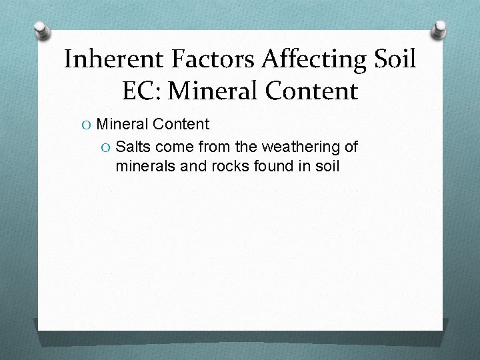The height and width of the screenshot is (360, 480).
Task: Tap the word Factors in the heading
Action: (212, 59)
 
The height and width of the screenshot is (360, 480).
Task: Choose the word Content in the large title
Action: (314, 91)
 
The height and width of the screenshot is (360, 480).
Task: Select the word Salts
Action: (134, 147)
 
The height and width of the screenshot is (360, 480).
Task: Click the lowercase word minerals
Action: (145, 165)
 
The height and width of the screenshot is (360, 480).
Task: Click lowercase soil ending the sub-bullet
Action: (326, 165)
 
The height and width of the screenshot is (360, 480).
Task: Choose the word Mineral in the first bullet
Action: (122, 124)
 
